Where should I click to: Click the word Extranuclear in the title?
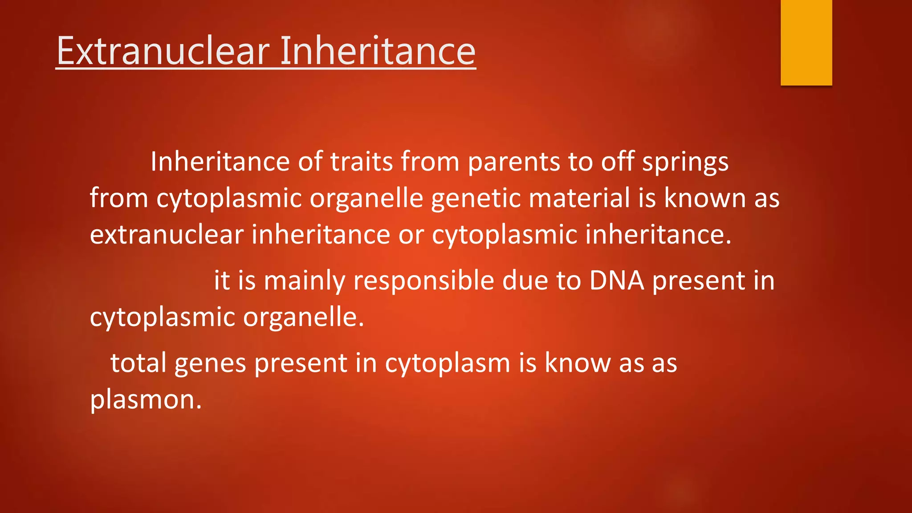tap(163, 51)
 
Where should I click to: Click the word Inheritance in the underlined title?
tap(378, 51)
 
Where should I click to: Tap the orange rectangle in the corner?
tap(806, 42)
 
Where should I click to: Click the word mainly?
tap(304, 281)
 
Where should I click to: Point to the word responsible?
tap(423, 281)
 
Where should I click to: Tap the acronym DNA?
tap(617, 281)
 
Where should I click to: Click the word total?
tap(138, 362)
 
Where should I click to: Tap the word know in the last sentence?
tap(578, 362)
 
